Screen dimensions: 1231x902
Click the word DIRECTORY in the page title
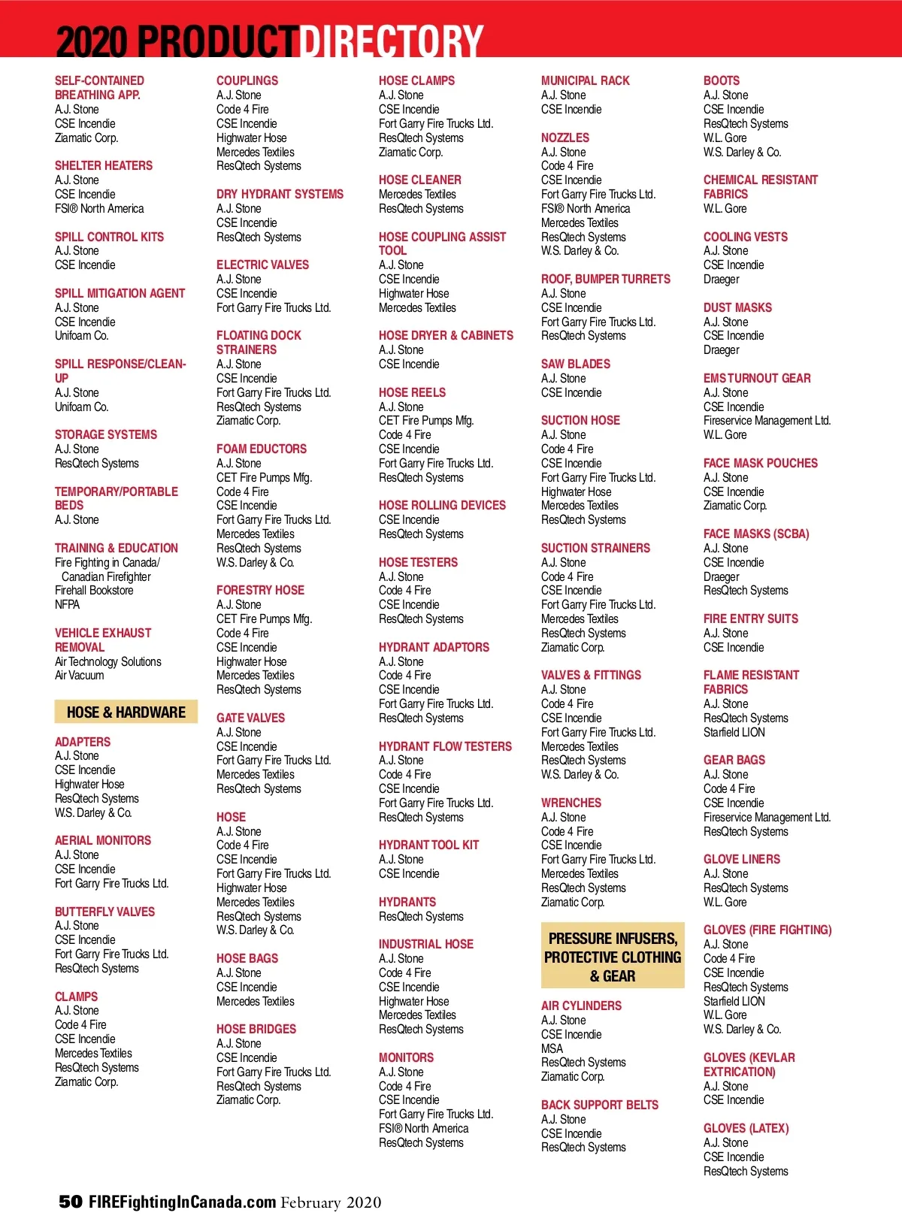tap(392, 41)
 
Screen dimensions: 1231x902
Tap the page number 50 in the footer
tap(71, 1202)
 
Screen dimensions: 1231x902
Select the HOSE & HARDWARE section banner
tap(126, 712)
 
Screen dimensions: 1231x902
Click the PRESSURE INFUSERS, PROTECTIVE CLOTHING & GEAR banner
tap(613, 957)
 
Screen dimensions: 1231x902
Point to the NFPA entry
tap(67, 604)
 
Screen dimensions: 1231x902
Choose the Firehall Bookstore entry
tap(94, 591)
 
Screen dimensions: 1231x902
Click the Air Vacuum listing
tap(80, 676)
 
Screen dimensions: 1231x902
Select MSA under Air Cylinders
tap(552, 1048)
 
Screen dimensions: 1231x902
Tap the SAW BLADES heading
tap(576, 364)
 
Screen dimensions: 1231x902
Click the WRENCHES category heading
tap(571, 803)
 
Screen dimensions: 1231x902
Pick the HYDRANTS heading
tap(407, 902)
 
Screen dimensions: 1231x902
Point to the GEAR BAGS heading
tap(734, 760)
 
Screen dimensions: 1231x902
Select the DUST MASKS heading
tap(737, 307)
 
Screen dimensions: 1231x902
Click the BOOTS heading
tap(722, 80)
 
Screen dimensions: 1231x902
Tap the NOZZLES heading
tap(565, 138)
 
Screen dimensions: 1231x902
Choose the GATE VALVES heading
tap(250, 718)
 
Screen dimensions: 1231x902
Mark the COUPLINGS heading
tap(247, 80)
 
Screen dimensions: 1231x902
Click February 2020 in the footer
tap(331, 1202)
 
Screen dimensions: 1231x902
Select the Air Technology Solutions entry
tap(108, 661)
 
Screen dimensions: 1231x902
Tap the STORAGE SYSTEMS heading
tap(106, 434)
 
